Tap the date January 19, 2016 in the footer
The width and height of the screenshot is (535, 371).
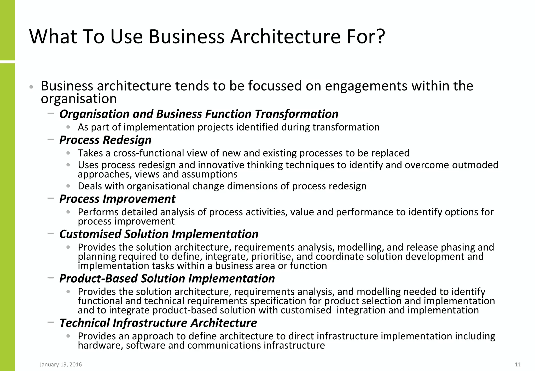tap(61, 364)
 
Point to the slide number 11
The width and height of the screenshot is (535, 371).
tap(518, 364)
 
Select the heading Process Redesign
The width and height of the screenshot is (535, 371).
tap(105, 140)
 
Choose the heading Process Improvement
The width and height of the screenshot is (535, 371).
tap(117, 199)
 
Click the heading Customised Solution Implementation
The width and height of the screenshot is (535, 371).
tap(159, 234)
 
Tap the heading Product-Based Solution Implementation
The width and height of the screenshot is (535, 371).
tap(167, 278)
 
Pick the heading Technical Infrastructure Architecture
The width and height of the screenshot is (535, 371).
tap(158, 323)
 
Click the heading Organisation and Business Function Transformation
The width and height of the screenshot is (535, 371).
tap(199, 114)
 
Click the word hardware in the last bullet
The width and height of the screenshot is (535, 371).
tap(100, 346)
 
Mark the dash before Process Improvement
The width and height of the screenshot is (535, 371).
tap(51, 198)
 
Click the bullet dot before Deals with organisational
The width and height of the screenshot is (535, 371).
tap(68, 186)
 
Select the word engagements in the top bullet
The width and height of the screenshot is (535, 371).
tap(366, 86)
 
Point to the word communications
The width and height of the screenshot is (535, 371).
tap(224, 346)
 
